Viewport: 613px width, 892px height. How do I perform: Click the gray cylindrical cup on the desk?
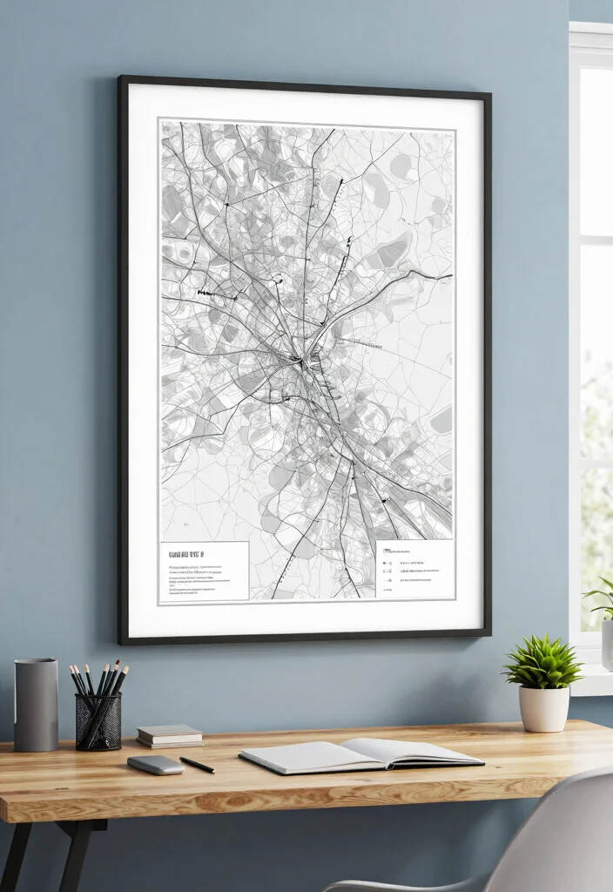click(x=36, y=705)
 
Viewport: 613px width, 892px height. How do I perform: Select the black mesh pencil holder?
click(x=98, y=721)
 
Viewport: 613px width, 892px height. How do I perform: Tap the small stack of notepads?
click(x=169, y=736)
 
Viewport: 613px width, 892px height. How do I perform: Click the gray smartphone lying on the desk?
click(x=155, y=764)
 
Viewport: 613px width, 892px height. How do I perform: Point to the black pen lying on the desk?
click(x=197, y=765)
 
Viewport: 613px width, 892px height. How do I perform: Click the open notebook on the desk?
click(x=360, y=754)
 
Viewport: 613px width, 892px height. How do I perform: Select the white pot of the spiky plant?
click(x=543, y=708)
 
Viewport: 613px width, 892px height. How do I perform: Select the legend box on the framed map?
click(x=414, y=569)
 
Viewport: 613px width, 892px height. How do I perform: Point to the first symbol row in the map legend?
click(x=409, y=551)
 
